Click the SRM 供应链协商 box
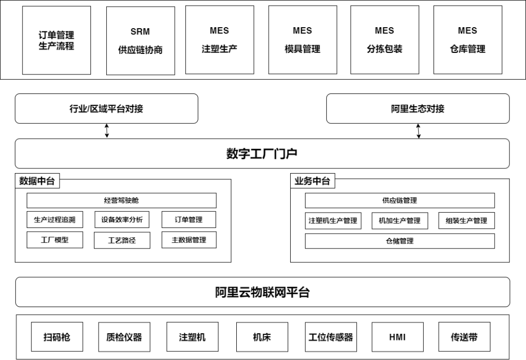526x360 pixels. (141, 41)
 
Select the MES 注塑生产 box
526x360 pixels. (220, 40)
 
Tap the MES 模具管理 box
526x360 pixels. (303, 40)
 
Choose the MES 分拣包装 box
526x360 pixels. (385, 40)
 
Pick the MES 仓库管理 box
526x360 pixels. (468, 40)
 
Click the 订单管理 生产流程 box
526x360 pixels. (57, 40)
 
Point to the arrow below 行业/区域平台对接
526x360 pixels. (107, 131)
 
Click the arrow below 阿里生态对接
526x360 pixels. (418, 131)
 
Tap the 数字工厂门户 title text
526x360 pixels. (262, 154)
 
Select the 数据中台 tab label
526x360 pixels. (37, 181)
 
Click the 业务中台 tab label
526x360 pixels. (313, 181)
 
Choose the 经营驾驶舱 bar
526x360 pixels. (121, 200)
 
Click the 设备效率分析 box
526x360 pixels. (122, 219)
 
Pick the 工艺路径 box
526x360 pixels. (122, 240)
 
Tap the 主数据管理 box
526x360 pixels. (189, 240)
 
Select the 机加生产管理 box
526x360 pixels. (400, 221)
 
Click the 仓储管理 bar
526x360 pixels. (400, 241)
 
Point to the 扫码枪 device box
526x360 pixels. (57, 337)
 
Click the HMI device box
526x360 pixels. (398, 337)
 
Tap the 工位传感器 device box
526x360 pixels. (331, 337)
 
